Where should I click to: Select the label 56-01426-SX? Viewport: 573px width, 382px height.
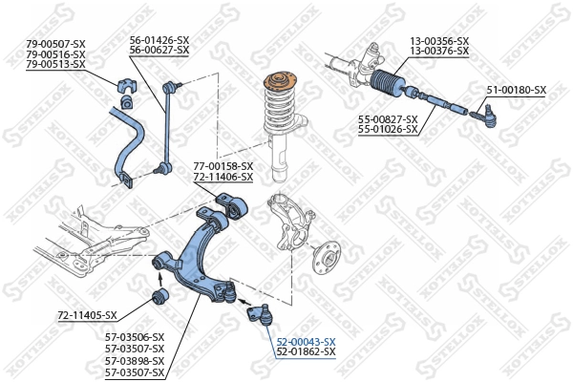[x=159, y=40]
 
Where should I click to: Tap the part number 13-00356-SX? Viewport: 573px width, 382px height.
[x=439, y=40]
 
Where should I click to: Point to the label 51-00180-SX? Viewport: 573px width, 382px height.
[x=516, y=90]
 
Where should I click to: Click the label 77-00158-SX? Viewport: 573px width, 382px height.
[x=223, y=166]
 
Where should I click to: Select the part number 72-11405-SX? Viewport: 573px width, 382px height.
[x=87, y=315]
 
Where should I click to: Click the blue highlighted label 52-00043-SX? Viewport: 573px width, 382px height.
[x=306, y=341]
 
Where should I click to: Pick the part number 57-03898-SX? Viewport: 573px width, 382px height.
[x=134, y=360]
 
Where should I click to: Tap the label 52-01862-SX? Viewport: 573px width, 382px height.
[x=306, y=352]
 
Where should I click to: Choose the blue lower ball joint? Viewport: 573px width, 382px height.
[x=260, y=311]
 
